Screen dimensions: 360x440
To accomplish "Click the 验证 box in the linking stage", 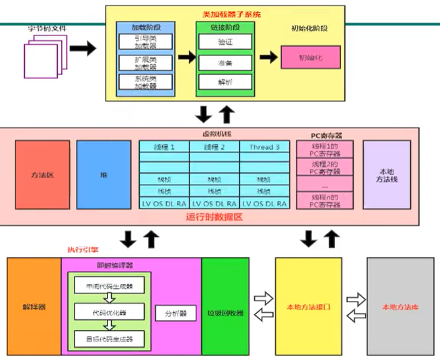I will [x=225, y=42].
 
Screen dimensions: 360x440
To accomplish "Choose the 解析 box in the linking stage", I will [x=225, y=82].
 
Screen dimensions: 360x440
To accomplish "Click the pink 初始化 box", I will [x=311, y=57].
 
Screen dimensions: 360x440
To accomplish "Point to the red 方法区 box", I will [x=42, y=175].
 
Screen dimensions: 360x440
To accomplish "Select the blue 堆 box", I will [x=103, y=175].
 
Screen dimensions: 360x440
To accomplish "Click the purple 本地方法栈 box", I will [x=387, y=175].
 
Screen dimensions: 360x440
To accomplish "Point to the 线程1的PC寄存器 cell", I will [x=324, y=149].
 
